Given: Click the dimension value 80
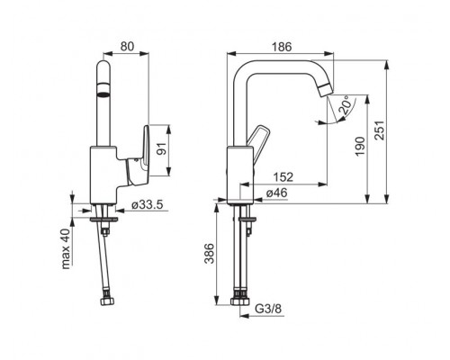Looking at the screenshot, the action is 127,47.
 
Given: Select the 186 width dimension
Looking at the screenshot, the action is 282,47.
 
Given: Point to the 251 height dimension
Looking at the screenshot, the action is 380,130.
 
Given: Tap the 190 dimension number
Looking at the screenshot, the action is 360,146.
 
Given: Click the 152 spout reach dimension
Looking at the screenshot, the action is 283,177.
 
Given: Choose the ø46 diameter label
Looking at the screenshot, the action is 276,193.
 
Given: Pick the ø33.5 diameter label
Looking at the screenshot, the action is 148,205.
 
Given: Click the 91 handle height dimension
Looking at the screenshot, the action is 161,148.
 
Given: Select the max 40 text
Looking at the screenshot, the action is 66,248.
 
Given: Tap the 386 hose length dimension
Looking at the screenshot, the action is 209,254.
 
